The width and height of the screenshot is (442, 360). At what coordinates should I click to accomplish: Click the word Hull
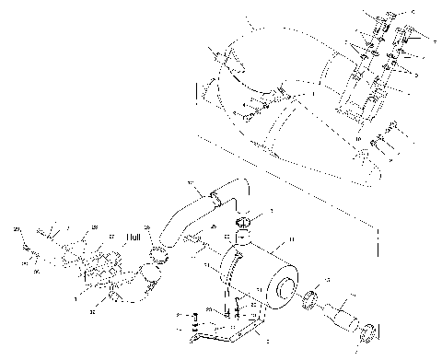pos(132,237)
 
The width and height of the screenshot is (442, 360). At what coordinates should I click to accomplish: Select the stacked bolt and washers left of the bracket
pos(195,324)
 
